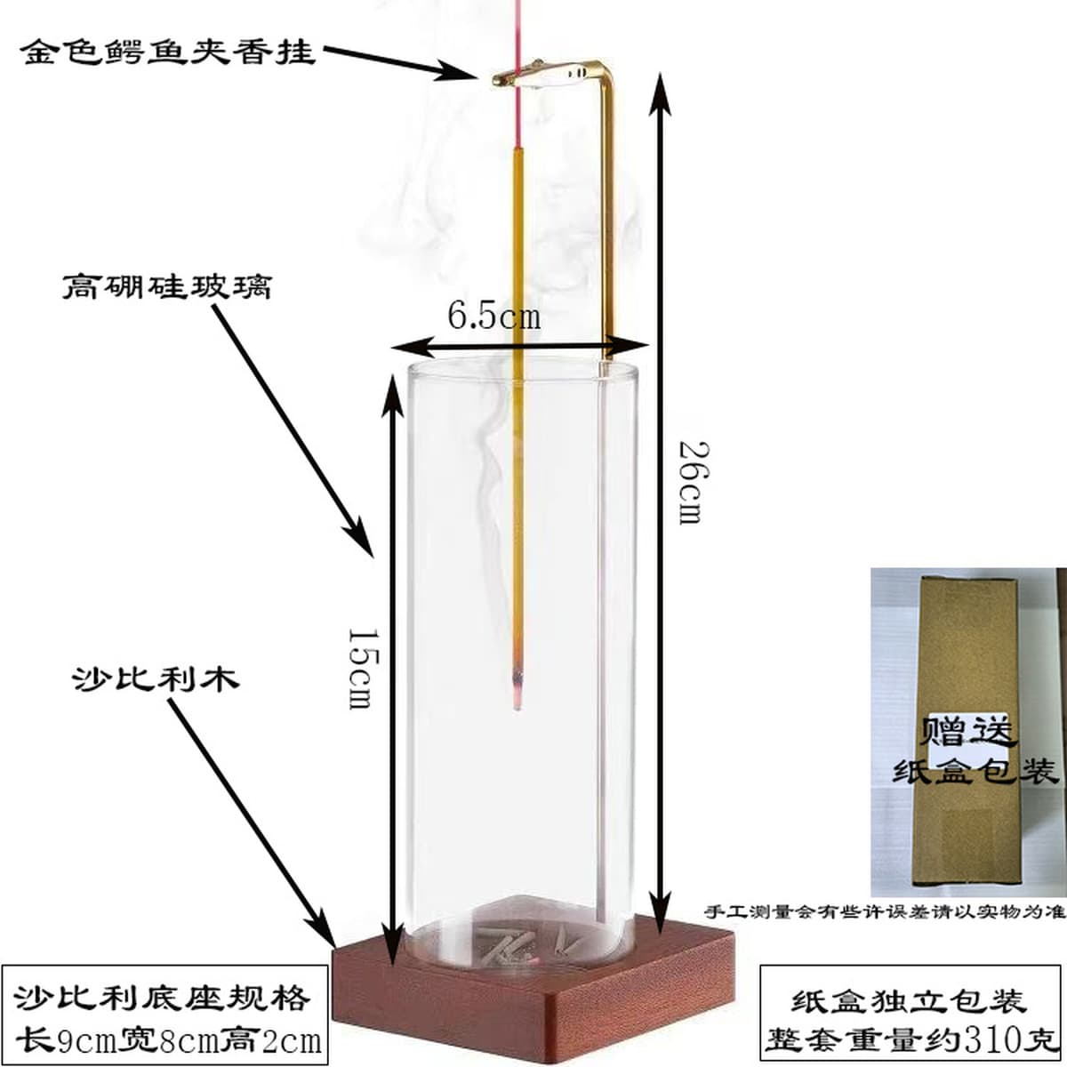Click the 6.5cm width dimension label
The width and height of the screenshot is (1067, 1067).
tap(493, 317)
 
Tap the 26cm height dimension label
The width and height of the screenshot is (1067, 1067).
tap(692, 482)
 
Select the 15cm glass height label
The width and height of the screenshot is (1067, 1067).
tap(364, 669)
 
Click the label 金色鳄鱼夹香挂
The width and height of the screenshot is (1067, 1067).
tap(168, 53)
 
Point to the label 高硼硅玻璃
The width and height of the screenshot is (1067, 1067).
tap(166, 287)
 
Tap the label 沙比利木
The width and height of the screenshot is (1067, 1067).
tap(156, 678)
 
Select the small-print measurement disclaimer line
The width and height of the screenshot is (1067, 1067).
tap(886, 910)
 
